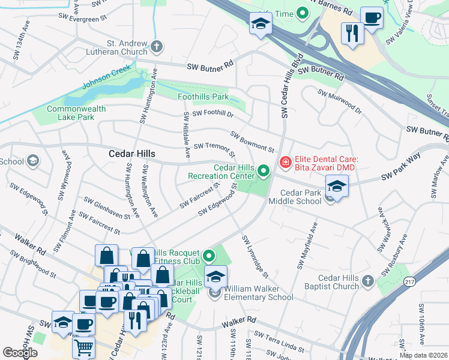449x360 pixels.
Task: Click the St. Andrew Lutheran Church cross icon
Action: pyautogui.click(x=156, y=47)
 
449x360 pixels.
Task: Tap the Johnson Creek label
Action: pyautogui.click(x=106, y=80)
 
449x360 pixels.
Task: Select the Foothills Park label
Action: pyautogui.click(x=203, y=97)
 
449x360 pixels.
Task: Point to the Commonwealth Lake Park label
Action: pyautogui.click(x=76, y=113)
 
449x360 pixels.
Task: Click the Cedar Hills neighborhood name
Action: pyautogui.click(x=131, y=154)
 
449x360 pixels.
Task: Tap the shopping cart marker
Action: pyautogui.click(x=83, y=346)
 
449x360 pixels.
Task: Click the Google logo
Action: pyautogui.click(x=20, y=353)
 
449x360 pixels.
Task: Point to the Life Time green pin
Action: pyautogui.click(x=303, y=13)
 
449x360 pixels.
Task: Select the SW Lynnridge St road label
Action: pyautogui.click(x=255, y=256)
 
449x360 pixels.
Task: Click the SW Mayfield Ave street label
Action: pyautogui.click(x=306, y=246)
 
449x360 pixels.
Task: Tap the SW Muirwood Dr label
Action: pyautogui.click(x=340, y=101)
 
